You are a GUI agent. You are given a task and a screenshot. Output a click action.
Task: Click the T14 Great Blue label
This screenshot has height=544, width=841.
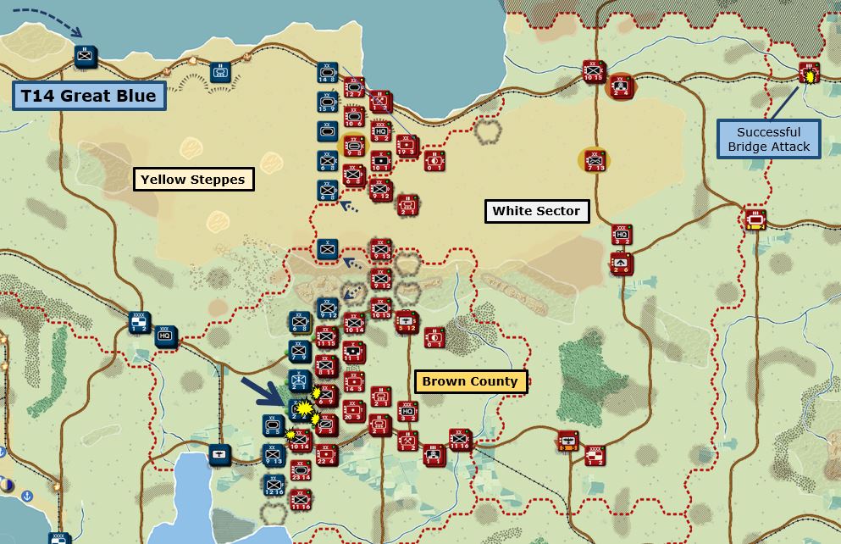click(x=89, y=96)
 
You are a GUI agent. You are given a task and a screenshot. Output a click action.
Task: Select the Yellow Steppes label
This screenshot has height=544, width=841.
click(x=194, y=179)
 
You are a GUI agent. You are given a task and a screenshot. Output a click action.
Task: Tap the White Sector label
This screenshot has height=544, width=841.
click(x=536, y=211)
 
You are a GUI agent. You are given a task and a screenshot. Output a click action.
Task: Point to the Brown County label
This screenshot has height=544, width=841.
click(x=470, y=381)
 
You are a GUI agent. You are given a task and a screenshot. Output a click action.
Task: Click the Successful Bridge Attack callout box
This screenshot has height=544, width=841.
click(x=768, y=139)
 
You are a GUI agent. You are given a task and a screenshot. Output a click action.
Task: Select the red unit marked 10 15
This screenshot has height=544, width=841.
click(x=592, y=72)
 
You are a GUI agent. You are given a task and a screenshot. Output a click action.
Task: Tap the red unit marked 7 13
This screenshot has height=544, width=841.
click(x=596, y=159)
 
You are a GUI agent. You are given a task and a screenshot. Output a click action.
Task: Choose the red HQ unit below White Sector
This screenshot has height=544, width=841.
click(x=622, y=235)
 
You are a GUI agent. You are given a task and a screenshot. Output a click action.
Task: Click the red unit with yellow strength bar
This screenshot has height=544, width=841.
click(x=753, y=219)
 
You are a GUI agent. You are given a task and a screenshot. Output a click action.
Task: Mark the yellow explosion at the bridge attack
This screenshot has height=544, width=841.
click(x=811, y=77)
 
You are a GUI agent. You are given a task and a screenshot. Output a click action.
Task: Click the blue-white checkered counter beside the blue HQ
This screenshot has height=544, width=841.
click(x=140, y=323)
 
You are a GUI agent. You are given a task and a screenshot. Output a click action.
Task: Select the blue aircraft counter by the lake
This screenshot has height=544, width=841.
click(x=219, y=455)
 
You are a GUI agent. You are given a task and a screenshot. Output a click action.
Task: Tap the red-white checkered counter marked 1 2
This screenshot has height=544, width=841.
click(x=595, y=457)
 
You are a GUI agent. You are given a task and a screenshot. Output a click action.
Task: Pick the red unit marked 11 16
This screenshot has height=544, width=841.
click(x=461, y=441)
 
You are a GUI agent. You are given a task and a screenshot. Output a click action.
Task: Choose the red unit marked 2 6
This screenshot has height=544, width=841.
click(x=622, y=264)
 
